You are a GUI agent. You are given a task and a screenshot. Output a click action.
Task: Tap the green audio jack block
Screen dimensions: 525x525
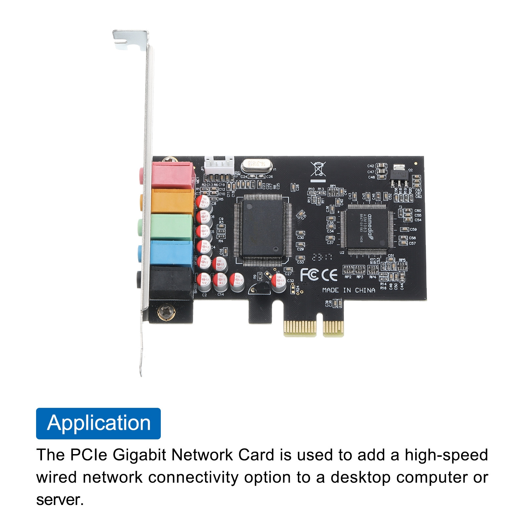click(x=171, y=227)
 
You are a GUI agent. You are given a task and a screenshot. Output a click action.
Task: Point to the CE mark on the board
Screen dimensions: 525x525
click(x=329, y=275)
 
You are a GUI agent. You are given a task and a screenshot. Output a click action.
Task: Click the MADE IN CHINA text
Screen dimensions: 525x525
click(x=348, y=290)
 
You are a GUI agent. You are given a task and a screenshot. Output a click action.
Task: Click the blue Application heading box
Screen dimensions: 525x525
click(x=98, y=423)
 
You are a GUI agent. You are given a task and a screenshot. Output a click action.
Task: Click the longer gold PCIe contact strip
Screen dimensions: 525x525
click(x=300, y=328)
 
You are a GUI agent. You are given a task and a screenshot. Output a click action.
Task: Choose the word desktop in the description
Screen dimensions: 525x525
click(x=360, y=477)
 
